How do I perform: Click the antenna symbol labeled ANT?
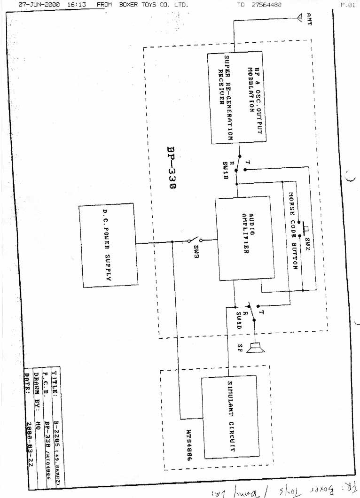[x=300, y=19]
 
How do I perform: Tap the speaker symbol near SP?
[x=257, y=348]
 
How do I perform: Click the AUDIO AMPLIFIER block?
[x=244, y=239]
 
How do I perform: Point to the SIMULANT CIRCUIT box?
[x=229, y=416]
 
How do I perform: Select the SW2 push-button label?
[x=307, y=243]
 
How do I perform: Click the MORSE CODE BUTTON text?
[x=293, y=230]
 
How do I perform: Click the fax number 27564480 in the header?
[x=266, y=5]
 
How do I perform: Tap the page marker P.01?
[x=347, y=5]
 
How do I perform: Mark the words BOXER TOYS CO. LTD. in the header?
[x=153, y=5]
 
